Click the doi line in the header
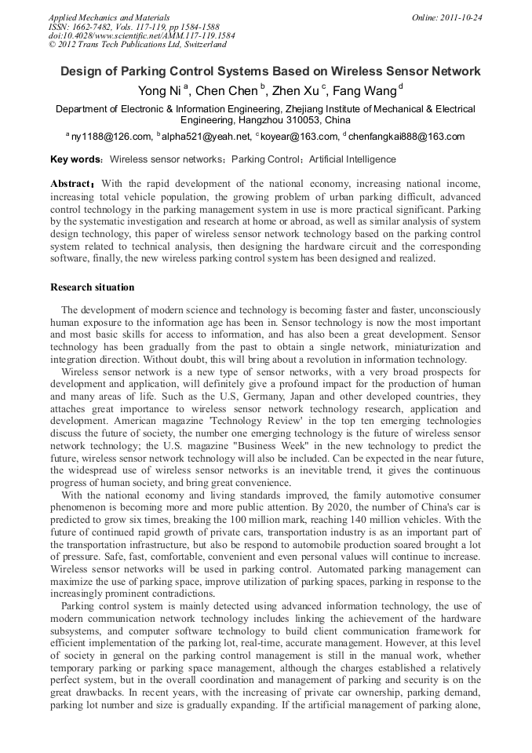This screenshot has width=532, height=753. coord(141,35)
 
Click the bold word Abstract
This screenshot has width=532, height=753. coord(73,184)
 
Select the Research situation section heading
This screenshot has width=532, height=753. coord(92,287)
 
